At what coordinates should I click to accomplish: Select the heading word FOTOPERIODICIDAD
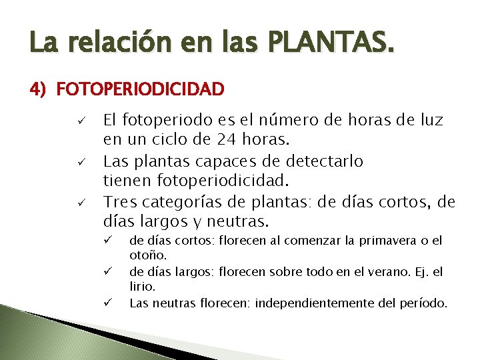(x=141, y=88)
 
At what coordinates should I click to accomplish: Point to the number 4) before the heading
(x=39, y=88)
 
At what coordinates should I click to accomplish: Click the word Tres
(x=120, y=201)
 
